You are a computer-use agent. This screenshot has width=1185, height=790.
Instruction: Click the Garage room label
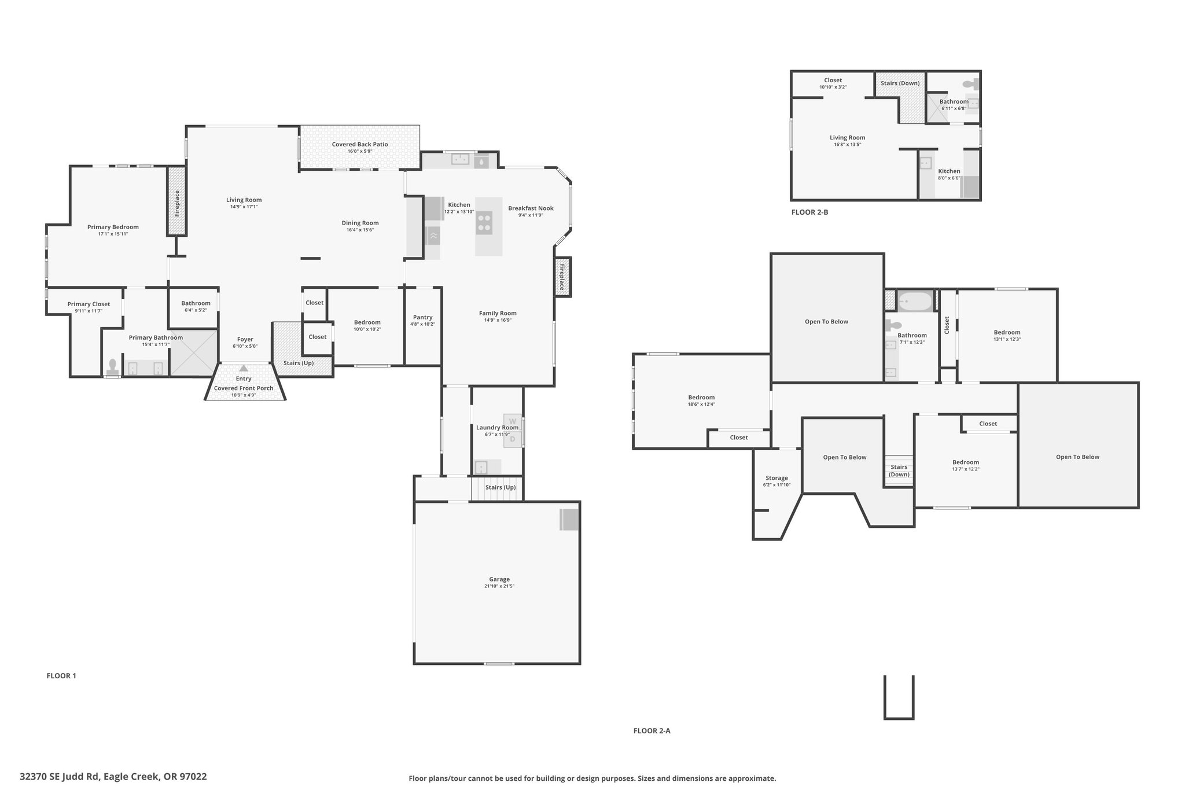click(x=499, y=579)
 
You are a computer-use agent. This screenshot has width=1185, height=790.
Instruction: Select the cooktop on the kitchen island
click(x=484, y=223)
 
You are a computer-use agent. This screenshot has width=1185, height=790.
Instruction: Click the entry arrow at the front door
click(x=244, y=368)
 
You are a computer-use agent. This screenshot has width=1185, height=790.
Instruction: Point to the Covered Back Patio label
click(x=360, y=144)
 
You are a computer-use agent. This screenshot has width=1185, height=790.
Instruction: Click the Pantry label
click(x=423, y=317)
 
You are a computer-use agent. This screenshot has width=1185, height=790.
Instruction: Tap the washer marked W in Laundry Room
click(x=512, y=421)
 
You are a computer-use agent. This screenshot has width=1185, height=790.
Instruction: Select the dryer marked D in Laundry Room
click(x=512, y=439)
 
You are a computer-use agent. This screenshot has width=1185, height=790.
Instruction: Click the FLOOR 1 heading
click(x=61, y=675)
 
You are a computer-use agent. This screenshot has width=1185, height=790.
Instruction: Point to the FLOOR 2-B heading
click(x=809, y=212)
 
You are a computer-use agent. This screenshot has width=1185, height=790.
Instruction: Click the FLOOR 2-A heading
click(x=652, y=730)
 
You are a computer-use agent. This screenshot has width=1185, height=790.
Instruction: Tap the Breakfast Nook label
click(x=531, y=208)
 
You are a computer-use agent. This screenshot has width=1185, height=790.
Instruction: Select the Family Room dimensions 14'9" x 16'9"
click(x=498, y=320)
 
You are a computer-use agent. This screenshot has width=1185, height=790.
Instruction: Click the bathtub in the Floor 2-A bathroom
click(x=915, y=302)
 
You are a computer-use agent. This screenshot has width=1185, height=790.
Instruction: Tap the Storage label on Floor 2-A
click(x=776, y=478)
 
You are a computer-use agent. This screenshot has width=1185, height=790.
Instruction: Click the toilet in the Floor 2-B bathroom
click(x=970, y=84)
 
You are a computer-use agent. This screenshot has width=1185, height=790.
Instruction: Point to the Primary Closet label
click(x=89, y=304)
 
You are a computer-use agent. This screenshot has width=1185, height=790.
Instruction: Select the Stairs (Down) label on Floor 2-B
click(x=900, y=83)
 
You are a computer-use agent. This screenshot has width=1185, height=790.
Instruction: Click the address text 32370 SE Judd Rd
click(x=61, y=777)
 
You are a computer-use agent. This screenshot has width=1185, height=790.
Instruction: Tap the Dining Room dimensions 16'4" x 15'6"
click(x=360, y=230)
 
